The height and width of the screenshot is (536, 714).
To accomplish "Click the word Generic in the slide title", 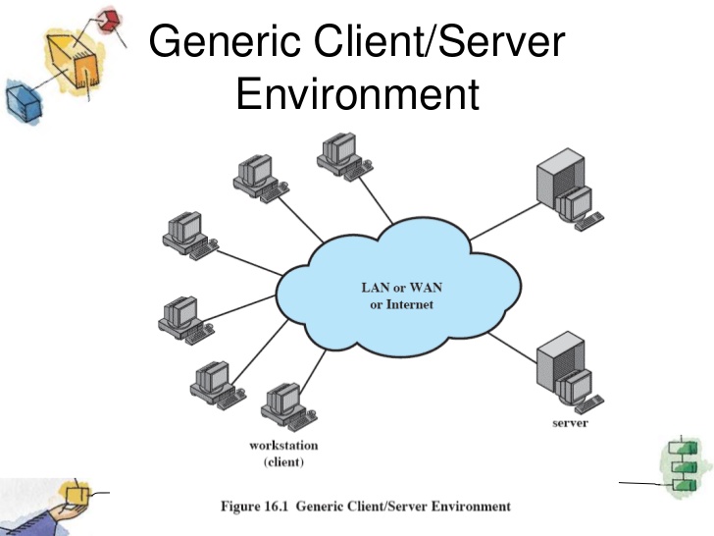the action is point(225,41).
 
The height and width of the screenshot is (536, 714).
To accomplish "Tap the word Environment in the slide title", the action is point(358,93).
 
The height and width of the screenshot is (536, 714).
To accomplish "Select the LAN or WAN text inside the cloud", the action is point(402,288).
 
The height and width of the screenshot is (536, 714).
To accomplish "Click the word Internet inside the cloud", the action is point(409,304).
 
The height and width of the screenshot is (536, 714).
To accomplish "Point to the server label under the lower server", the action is point(570,423).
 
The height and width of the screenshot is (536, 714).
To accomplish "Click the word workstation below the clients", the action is point(283,446).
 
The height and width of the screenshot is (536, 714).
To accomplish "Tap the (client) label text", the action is point(283,462).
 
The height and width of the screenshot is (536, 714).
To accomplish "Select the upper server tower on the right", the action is point(569,189).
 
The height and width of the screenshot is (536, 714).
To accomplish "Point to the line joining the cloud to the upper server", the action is point(505,221).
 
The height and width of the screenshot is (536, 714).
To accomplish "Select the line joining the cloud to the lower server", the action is point(512,348).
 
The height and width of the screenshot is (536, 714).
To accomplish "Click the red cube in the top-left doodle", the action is point(110,20).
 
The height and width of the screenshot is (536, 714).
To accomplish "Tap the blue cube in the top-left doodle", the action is point(23,101).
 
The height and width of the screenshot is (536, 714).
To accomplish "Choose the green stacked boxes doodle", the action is point(684,465).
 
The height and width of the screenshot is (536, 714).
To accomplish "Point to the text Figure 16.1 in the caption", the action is point(255,507).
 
